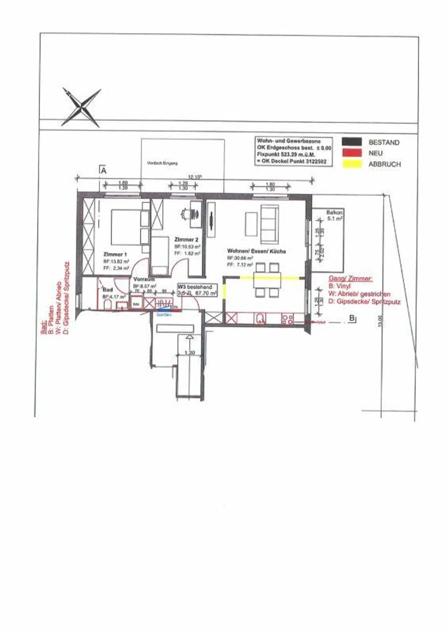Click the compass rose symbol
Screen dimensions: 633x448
[x=82, y=107]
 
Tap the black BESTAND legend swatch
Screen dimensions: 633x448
[x=352, y=142]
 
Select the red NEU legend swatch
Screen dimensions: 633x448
[x=352, y=153]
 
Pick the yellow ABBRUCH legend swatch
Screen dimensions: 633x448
[x=352, y=164]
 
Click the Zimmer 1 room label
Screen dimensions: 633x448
[x=115, y=254]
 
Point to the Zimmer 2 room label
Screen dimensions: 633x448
[x=186, y=240]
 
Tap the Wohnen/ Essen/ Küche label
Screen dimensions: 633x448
[x=256, y=251]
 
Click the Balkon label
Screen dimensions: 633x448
[x=334, y=212]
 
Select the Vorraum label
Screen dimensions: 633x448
[x=144, y=279]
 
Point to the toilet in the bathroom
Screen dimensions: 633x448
[x=108, y=305]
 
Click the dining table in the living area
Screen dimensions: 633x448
[x=267, y=280]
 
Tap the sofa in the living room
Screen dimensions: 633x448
[x=269, y=224]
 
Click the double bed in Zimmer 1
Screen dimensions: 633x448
[x=126, y=227]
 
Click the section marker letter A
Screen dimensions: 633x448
[x=104, y=171]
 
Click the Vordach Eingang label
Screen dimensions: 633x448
[x=162, y=163]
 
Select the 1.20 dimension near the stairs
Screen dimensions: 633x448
[x=189, y=353]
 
